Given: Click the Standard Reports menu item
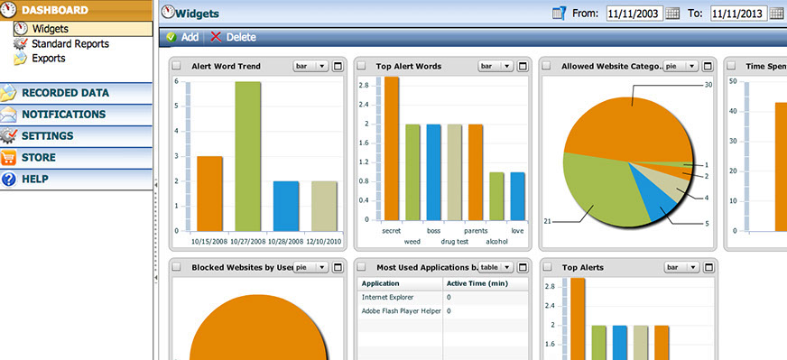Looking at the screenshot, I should coord(69,43).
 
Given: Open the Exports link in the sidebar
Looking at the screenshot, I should coord(48,58).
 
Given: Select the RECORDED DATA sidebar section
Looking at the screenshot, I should coord(65,92).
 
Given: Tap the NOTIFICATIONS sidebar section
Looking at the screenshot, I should coord(63,114).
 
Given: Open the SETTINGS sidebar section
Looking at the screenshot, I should coord(47,135).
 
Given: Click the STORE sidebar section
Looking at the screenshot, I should coord(38,157).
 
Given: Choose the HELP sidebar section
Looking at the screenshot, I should coord(34,179).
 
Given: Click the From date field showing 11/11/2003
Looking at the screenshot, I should coord(634,14).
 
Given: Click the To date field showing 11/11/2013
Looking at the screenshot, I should coord(737,14).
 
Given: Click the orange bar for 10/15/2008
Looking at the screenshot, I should coord(209,193).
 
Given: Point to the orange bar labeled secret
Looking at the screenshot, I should coord(392,148).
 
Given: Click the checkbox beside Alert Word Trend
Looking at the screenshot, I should coord(176,66).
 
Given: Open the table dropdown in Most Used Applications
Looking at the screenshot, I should coord(494,267).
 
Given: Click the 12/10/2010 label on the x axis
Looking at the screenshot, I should coord(323,241).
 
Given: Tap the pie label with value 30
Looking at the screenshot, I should coord(708,85).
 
